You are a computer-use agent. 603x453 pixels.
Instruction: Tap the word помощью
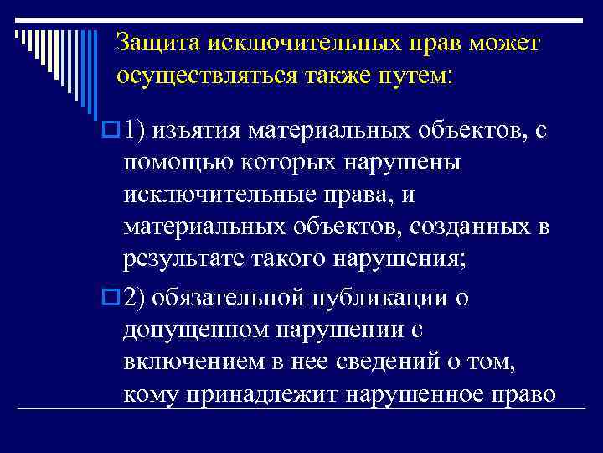pos(170,164)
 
